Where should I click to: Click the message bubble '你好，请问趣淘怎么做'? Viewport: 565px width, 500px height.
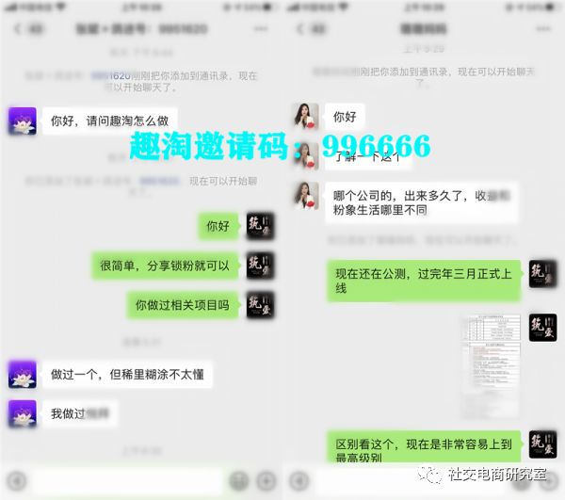[109, 121]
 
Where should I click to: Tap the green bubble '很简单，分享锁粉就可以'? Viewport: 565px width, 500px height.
[165, 266]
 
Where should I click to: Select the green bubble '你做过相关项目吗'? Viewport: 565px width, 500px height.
[183, 305]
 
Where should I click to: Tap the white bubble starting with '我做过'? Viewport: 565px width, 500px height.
[80, 413]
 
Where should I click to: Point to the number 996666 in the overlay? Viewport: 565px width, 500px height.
[376, 146]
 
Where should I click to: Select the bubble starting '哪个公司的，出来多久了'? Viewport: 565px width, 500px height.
[424, 203]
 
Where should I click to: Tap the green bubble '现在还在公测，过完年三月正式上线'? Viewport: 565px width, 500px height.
[424, 281]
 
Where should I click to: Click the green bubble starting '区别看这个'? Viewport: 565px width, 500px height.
[424, 449]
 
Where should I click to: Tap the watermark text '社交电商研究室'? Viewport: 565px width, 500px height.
[498, 474]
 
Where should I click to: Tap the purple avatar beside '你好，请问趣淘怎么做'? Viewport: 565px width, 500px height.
[22, 121]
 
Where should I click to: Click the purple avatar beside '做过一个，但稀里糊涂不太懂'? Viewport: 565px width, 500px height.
[22, 374]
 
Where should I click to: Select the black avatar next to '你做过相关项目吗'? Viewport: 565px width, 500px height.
[261, 305]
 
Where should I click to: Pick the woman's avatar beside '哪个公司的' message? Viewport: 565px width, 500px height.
[305, 195]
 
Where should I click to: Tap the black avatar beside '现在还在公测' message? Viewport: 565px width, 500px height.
[542, 274]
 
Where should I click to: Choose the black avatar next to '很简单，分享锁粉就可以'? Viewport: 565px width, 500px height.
[261, 266]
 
